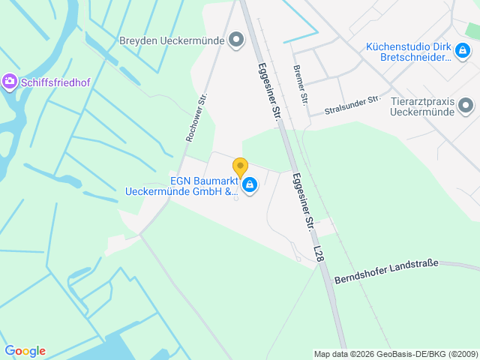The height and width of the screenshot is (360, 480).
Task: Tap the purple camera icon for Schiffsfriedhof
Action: coord(10,81)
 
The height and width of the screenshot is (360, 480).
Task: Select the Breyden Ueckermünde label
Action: coord(172,40)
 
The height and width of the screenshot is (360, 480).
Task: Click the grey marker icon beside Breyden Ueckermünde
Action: coord(236,40)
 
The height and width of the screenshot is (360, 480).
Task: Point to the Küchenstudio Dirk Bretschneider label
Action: coord(408,52)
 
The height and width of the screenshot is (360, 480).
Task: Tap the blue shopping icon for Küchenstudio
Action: coord(463,49)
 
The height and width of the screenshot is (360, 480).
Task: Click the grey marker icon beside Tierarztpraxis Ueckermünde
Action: coord(466,106)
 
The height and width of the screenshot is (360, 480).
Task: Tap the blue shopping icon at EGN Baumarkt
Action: coord(250,184)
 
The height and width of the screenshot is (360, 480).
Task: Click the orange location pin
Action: coord(240,167)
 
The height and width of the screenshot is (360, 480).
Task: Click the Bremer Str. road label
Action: coord(300,85)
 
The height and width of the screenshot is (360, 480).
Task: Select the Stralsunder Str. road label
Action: coord(352,105)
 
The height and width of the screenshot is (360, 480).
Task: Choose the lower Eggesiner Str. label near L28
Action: coord(302,202)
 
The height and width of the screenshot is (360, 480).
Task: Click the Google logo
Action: coord(25,351)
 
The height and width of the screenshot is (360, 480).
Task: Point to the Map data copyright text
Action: coord(395,354)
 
